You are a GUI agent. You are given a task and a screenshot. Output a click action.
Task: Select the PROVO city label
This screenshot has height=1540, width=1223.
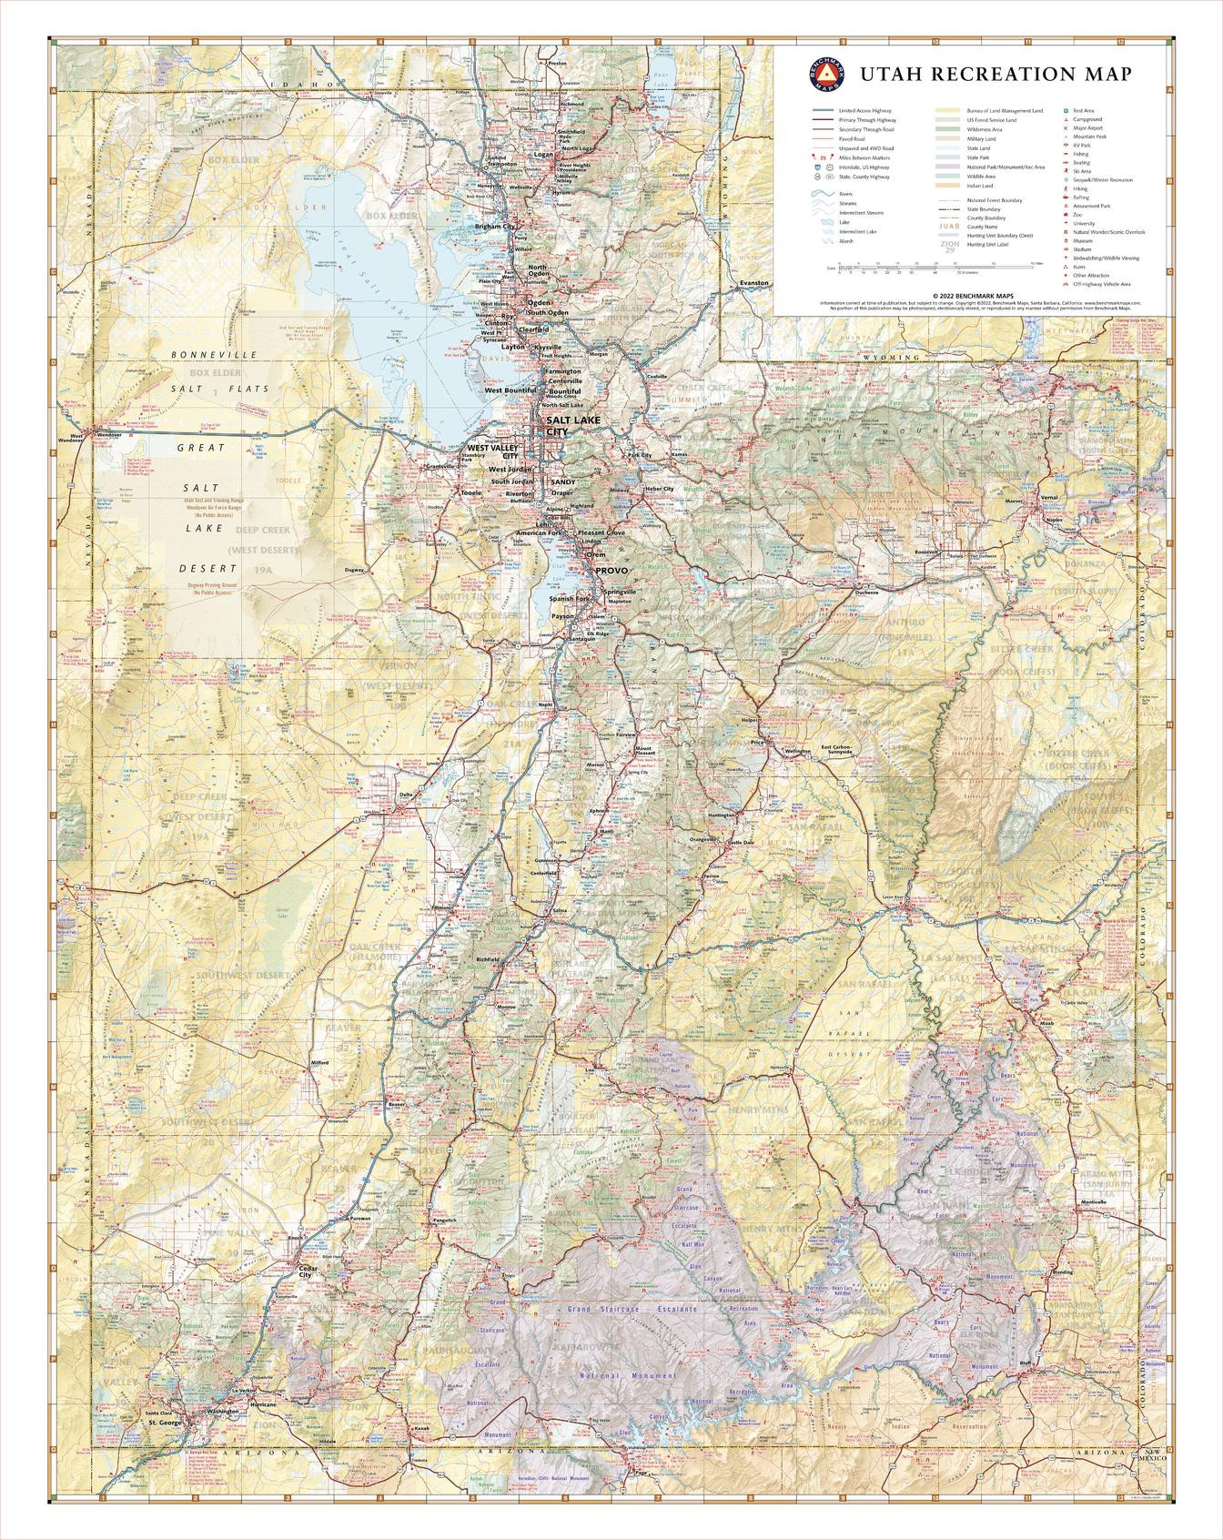click(x=611, y=570)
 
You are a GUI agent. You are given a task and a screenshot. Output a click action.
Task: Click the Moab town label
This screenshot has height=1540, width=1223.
click(x=1046, y=1023)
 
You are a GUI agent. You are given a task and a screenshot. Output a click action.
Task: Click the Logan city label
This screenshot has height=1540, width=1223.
click(x=542, y=154)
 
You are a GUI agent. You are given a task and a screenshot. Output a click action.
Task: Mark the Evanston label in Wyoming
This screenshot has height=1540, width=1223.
click(x=753, y=283)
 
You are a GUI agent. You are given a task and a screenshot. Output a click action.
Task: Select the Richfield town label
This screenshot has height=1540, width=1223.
click(x=487, y=959)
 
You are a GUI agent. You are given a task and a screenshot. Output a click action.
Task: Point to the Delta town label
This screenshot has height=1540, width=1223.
click(x=406, y=795)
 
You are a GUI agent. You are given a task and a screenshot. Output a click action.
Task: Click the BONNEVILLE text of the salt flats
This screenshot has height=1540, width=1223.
click(x=213, y=354)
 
